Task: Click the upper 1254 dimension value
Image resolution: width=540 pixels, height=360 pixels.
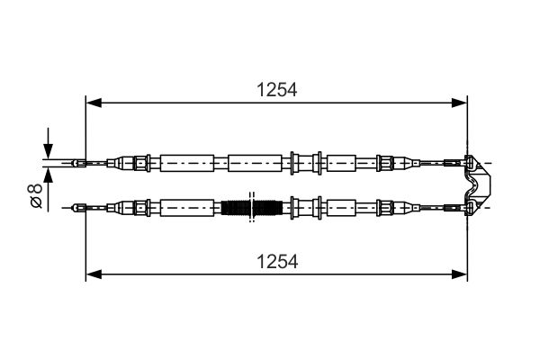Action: pyautogui.click(x=276, y=90)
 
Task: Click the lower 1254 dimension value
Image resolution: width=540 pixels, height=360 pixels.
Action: pyautogui.click(x=276, y=261)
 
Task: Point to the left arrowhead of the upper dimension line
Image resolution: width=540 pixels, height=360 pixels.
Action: pyautogui.click(x=92, y=103)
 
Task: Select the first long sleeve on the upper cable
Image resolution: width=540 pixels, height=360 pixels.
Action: pyautogui.click(x=187, y=163)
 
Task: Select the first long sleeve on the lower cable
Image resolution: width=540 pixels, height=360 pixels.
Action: pyautogui.click(x=187, y=208)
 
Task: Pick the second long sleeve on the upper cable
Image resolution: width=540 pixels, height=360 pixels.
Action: pyautogui.click(x=256, y=163)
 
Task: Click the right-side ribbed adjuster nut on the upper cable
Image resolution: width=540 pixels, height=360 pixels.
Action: pyautogui.click(x=385, y=163)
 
